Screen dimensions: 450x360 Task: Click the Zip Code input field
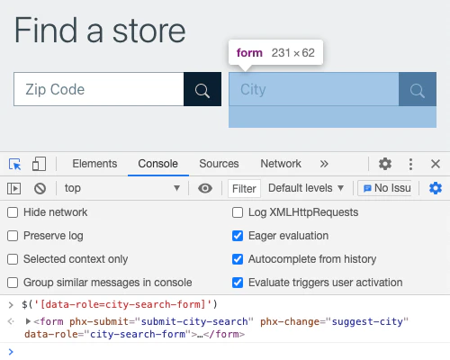pyautogui.click(x=99, y=89)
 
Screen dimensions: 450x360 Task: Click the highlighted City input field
pyautogui.click(x=314, y=89)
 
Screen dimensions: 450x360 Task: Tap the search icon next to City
pyautogui.click(x=418, y=90)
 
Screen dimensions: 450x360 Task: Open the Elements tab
pyautogui.click(x=94, y=164)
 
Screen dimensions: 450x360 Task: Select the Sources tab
pyautogui.click(x=219, y=164)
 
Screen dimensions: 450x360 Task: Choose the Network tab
pyautogui.click(x=281, y=164)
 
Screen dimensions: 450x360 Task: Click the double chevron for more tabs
pyautogui.click(x=324, y=164)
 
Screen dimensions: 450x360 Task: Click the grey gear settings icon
pyautogui.click(x=385, y=164)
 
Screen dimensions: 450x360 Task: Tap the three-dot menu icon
pyautogui.click(x=410, y=164)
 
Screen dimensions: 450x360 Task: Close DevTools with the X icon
pyautogui.click(x=436, y=164)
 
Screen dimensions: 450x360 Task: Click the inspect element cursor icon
pyautogui.click(x=15, y=164)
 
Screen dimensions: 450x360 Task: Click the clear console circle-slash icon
pyautogui.click(x=40, y=188)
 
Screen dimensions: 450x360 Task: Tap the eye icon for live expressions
pyautogui.click(x=205, y=188)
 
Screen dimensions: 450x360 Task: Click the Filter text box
pyautogui.click(x=244, y=189)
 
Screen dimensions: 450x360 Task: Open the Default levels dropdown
pyautogui.click(x=306, y=188)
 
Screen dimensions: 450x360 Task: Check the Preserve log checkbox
pyautogui.click(x=13, y=236)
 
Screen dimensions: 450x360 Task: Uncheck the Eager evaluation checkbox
pyautogui.click(x=238, y=236)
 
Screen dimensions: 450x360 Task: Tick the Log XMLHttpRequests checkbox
pyautogui.click(x=238, y=212)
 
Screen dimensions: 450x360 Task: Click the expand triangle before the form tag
pyautogui.click(x=28, y=321)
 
